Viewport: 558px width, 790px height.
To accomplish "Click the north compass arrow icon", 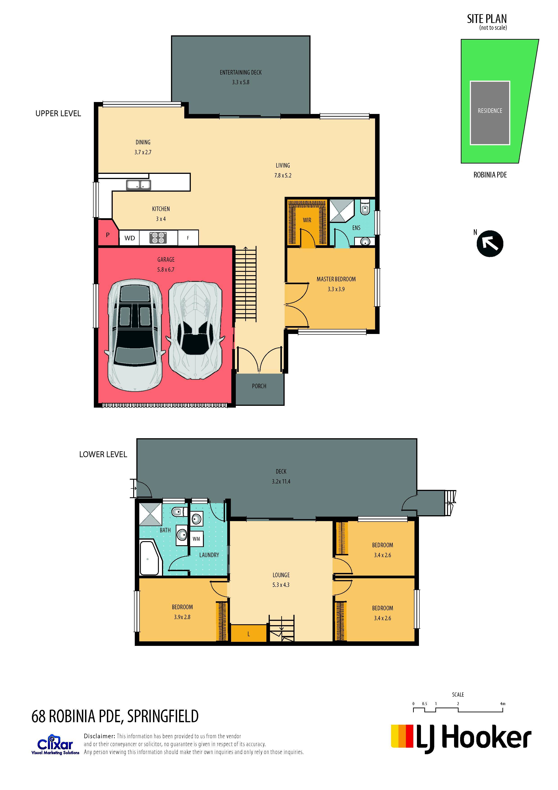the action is [490, 244].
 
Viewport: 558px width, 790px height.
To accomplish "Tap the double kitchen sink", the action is [139, 185].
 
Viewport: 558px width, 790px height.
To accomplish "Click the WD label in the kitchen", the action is [130, 238].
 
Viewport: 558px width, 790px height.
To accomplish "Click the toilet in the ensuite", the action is [365, 208].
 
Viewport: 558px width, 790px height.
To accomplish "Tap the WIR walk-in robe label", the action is [307, 220].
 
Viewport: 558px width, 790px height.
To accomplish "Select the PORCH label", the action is [259, 386].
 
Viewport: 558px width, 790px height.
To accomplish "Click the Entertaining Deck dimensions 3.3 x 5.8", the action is [241, 82].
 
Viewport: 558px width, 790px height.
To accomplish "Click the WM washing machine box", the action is [196, 539].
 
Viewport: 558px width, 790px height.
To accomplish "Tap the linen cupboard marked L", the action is [248, 633].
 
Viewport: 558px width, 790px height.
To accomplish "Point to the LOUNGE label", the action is [281, 575].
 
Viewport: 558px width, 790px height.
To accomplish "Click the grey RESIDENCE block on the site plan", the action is [490, 113].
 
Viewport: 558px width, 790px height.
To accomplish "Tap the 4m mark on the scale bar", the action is [503, 704].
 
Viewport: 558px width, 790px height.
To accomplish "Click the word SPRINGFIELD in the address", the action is [163, 716].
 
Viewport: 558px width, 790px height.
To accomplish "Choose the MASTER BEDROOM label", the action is [336, 279].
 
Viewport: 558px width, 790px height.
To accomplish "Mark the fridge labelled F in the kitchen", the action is [188, 238].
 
